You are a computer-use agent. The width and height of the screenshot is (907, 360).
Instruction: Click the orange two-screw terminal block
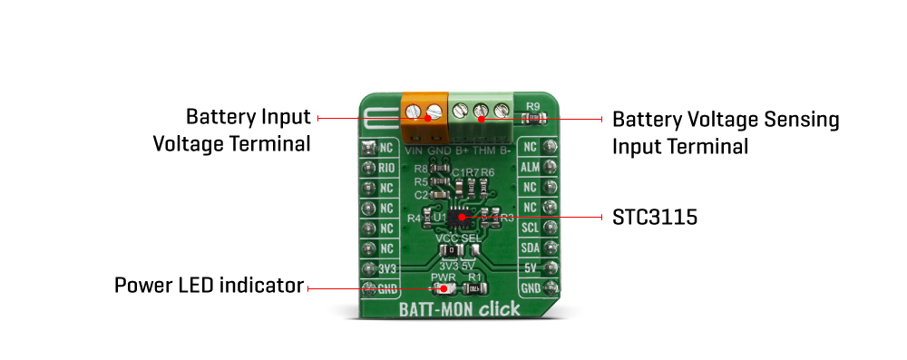(424, 112)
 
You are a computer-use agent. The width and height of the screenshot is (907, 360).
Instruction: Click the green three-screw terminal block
(482, 112)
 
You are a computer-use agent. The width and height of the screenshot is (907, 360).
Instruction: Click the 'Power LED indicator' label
(208, 286)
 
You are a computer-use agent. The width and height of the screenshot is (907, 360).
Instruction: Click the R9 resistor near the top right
(534, 118)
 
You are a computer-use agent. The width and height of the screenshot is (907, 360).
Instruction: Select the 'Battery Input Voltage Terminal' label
(248, 131)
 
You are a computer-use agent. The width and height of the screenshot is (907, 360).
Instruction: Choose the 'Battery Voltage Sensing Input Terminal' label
(726, 132)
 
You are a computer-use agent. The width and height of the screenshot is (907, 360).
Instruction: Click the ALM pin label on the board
(531, 168)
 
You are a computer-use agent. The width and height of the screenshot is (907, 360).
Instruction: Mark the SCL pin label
(531, 228)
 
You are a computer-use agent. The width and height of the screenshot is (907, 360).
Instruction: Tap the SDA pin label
(531, 248)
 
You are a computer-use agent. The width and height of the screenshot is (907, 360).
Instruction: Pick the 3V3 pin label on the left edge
(387, 268)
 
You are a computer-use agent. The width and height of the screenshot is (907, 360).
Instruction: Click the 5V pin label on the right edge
(532, 268)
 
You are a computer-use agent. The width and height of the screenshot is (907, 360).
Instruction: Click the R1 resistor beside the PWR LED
(473, 288)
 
